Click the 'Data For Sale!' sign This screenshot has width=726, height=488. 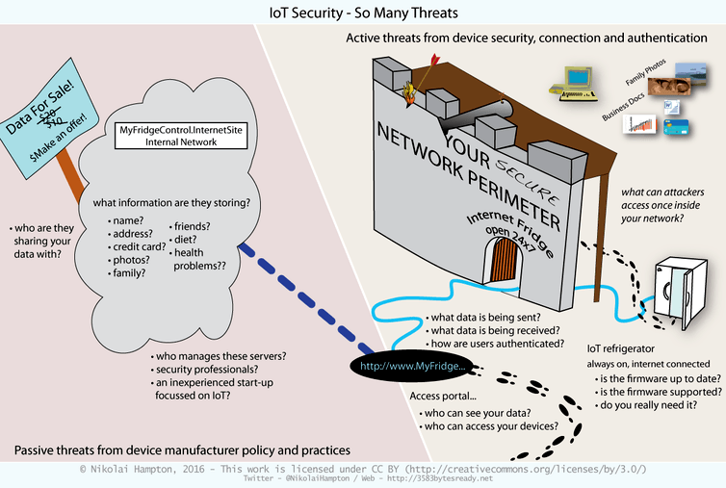[50, 118]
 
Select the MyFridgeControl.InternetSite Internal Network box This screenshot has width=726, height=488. [181, 136]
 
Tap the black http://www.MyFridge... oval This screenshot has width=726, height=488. [412, 367]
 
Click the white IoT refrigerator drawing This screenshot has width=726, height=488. [680, 293]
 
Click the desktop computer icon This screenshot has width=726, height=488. [574, 84]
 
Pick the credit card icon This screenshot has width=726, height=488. [676, 126]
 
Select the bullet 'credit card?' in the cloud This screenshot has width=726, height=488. [137, 246]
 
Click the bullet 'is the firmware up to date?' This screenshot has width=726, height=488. [658, 378]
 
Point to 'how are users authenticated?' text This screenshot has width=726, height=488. [495, 344]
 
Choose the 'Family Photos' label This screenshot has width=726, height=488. [645, 72]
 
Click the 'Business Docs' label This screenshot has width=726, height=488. [623, 107]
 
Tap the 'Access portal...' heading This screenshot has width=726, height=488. [443, 397]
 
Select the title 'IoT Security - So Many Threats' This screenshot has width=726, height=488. [363, 13]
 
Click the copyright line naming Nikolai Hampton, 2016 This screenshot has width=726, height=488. [363, 469]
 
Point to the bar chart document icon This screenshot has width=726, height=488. [639, 124]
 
